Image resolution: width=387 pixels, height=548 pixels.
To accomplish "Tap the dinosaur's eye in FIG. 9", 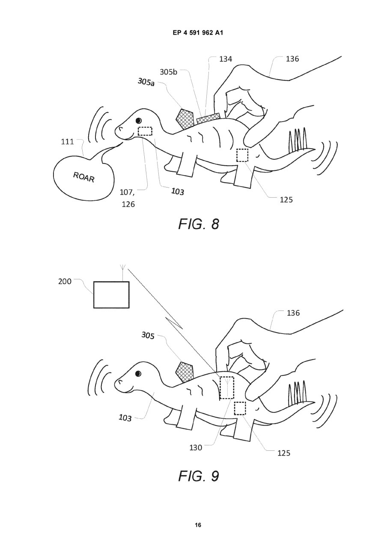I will (138, 374).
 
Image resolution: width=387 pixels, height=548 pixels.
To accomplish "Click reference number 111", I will (67, 142).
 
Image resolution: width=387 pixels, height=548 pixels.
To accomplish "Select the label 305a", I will (146, 81).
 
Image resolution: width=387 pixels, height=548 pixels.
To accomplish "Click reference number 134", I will (224, 59).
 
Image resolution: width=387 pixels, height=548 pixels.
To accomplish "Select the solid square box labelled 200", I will (111, 295).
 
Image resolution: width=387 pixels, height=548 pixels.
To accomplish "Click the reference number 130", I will (196, 447).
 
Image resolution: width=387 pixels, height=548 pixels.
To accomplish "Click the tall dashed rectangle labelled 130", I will (226, 387).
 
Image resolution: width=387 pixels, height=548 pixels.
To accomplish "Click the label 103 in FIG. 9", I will (125, 417).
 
